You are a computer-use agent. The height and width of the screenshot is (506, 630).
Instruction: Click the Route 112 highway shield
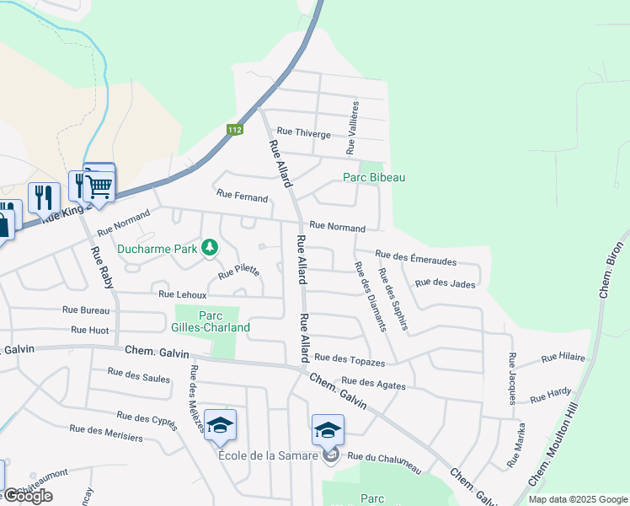[235, 130]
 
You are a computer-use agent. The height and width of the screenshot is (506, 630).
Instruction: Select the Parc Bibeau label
[373, 177]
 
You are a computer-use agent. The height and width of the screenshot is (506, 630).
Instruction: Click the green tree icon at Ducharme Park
[210, 247]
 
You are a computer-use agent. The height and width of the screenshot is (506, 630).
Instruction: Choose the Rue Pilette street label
[238, 272]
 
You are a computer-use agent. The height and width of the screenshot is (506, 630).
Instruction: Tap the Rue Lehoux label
[183, 293]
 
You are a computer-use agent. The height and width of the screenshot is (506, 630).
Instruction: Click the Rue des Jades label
[445, 283]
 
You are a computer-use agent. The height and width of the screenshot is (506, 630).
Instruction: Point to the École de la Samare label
[267, 456]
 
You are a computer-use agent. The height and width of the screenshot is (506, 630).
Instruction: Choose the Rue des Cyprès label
[147, 419]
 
